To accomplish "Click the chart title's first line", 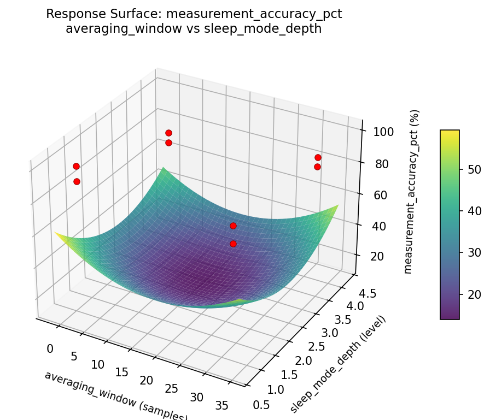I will [x=194, y=14].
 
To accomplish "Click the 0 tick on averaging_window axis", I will [x=50, y=348].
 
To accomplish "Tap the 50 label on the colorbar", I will [x=475, y=169].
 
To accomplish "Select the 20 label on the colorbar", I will [x=475, y=294].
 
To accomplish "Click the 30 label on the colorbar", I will [x=475, y=253].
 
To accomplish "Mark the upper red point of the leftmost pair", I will [x=76, y=166].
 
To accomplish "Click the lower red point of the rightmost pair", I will [x=317, y=167].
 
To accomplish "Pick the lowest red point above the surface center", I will [x=233, y=244].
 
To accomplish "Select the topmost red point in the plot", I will [x=168, y=133].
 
